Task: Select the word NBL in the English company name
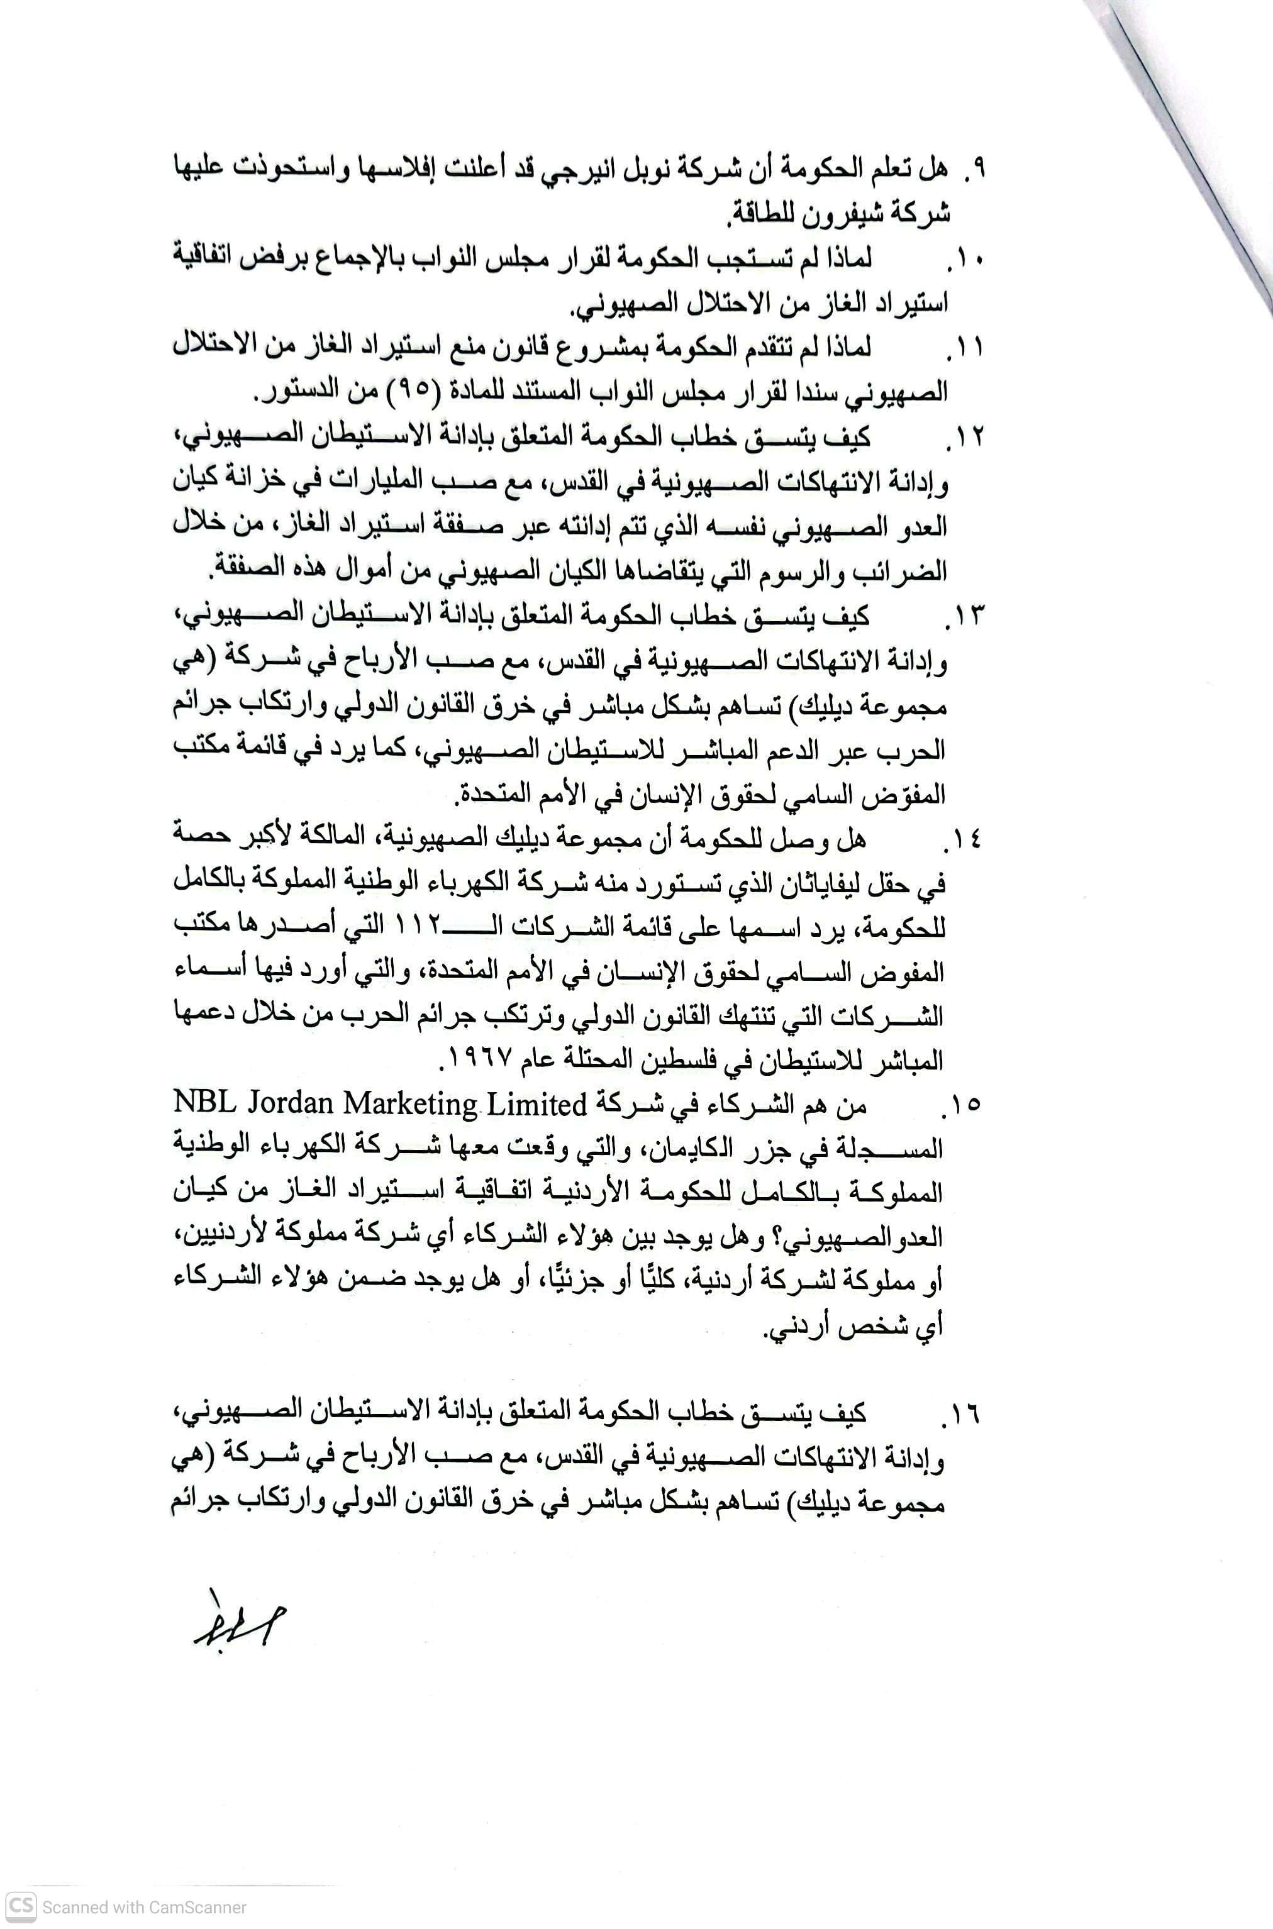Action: click(x=199, y=1105)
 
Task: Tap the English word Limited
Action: click(x=539, y=1105)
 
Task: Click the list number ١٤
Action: click(x=965, y=840)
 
